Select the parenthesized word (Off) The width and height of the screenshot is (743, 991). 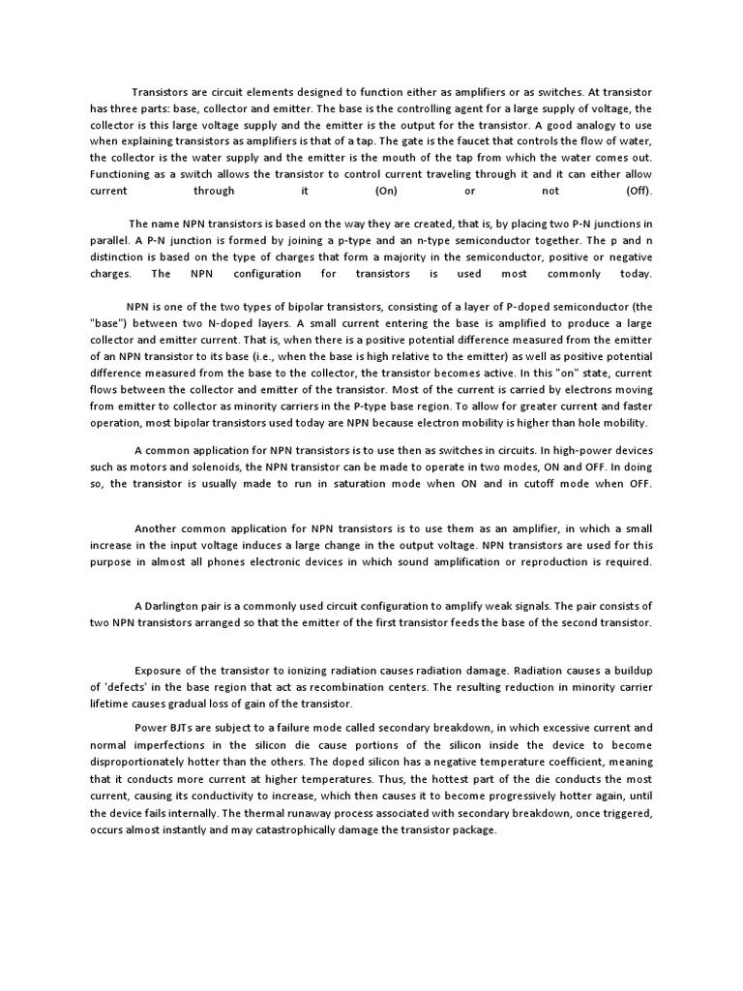tap(639, 191)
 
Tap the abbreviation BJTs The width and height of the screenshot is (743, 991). tap(183, 727)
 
